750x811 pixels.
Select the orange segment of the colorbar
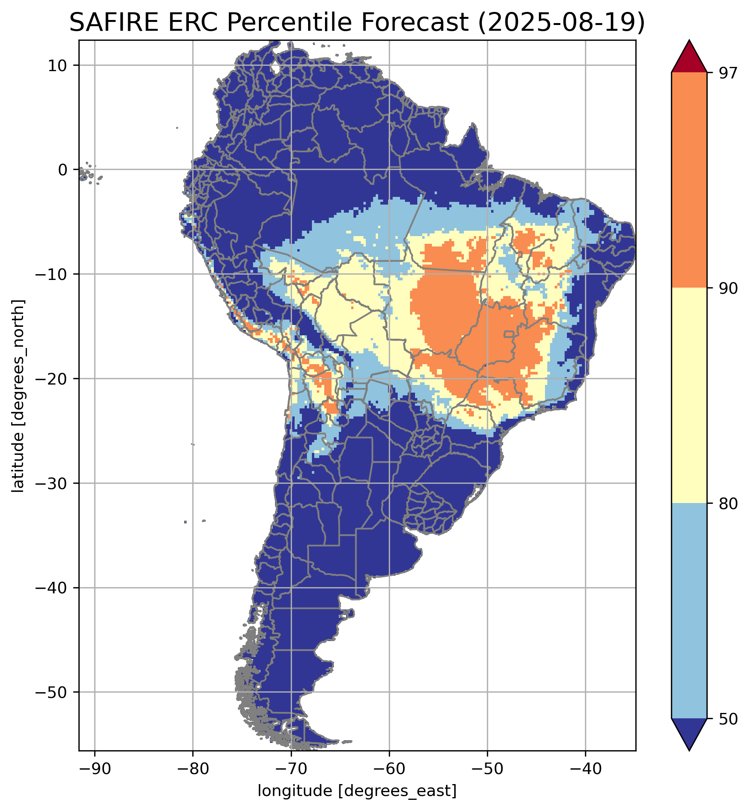(x=689, y=180)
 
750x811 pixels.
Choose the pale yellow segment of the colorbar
(x=689, y=396)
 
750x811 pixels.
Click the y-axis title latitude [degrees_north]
(x=18, y=396)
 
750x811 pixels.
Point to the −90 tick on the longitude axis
(x=95, y=768)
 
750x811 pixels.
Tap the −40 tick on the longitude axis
(x=585, y=768)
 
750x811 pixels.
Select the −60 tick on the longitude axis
(x=389, y=768)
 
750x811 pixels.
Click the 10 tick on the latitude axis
(x=57, y=65)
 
